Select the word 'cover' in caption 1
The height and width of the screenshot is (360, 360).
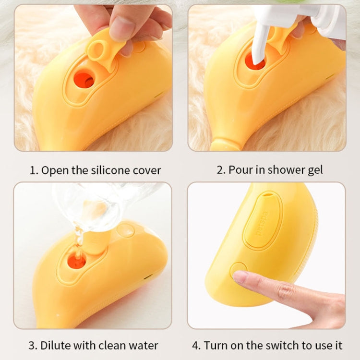147,170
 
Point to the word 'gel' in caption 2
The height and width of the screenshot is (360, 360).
314,170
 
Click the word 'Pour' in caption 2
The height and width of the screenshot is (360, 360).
240,170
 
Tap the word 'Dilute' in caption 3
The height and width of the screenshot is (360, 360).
57,345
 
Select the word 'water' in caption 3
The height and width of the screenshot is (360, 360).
144,345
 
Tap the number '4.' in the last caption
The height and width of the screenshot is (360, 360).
196,345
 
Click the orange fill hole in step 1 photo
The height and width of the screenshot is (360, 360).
84,80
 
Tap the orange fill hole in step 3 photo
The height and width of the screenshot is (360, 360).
77,261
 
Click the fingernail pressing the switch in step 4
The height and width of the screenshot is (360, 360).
240,276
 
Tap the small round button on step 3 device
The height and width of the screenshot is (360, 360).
126,230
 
